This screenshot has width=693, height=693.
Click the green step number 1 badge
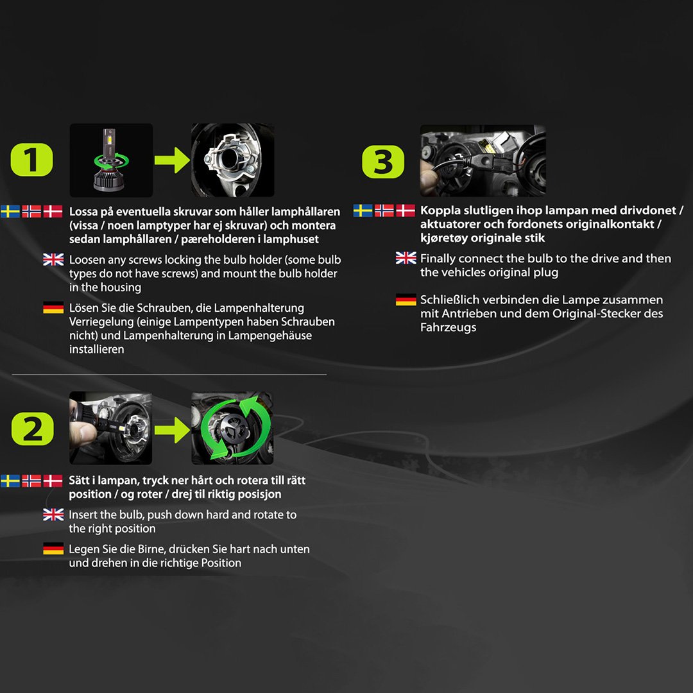[32, 160]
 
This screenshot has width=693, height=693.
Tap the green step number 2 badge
[32, 429]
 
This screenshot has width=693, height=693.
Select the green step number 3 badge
[382, 162]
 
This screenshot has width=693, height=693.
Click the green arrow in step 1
[173, 160]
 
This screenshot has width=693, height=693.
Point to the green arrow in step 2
[173, 429]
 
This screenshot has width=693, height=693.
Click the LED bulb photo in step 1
[112, 160]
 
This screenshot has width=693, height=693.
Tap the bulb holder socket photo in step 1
[232, 160]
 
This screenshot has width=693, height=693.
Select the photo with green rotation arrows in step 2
[232, 428]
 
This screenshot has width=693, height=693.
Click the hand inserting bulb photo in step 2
[110, 428]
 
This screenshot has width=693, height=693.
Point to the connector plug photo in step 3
[483, 161]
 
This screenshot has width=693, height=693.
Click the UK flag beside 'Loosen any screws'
[53, 259]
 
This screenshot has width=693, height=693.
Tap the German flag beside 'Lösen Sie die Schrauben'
[53, 307]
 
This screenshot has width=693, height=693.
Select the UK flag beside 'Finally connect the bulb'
[406, 258]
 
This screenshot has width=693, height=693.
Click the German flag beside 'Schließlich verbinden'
[406, 300]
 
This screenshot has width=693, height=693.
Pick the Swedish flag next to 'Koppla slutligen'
[363, 210]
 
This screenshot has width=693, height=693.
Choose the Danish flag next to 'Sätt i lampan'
[53, 481]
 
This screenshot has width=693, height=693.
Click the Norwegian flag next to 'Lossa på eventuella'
[31, 211]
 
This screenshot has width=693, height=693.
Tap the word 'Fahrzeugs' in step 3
[448, 327]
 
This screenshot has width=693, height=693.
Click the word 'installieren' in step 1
[96, 349]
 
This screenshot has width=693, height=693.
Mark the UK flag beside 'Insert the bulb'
[53, 515]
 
